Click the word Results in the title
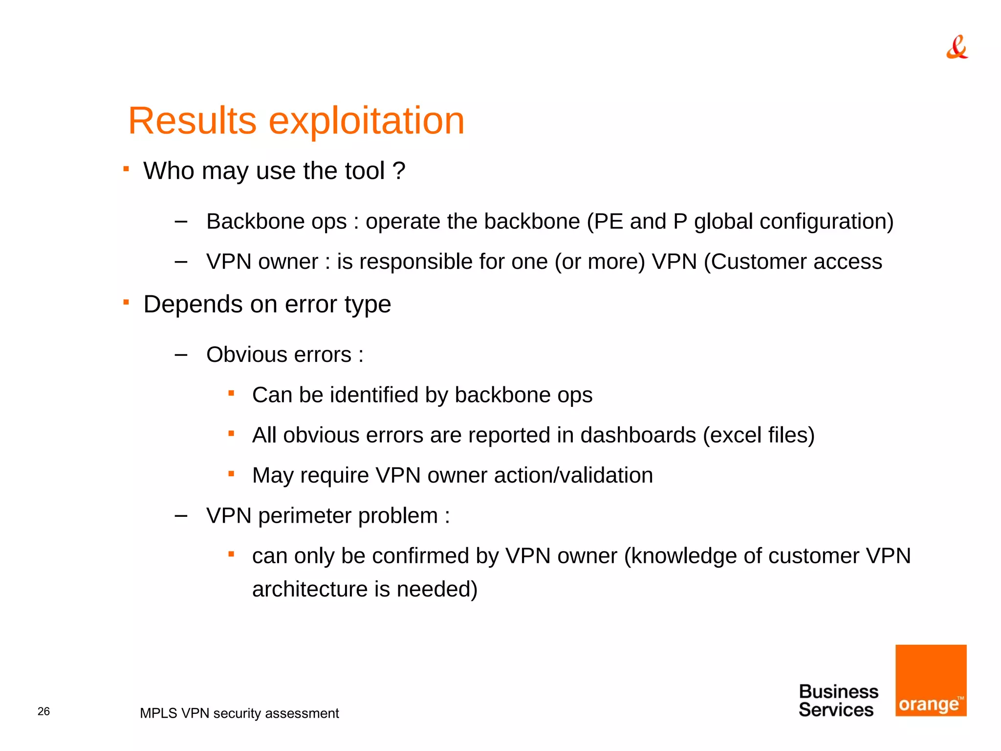(192, 121)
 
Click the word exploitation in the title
(367, 121)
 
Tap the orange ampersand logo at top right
(957, 47)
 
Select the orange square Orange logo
(931, 680)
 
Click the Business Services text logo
(838, 701)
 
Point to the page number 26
(44, 711)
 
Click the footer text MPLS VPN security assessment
(239, 713)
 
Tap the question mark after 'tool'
(399, 171)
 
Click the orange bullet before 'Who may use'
(126, 169)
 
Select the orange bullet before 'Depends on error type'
(126, 302)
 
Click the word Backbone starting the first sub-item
(251, 221)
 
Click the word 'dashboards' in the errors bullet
(638, 435)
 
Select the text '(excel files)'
(759, 435)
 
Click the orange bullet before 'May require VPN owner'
(232, 473)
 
